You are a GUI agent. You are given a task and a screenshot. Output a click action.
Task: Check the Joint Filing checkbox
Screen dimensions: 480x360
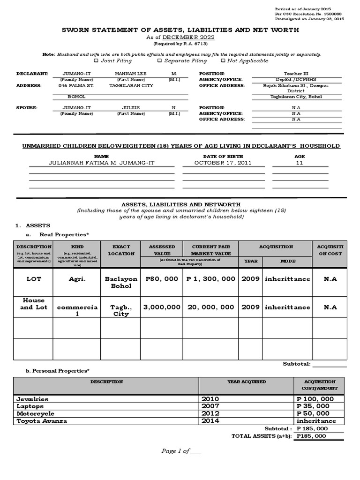[96, 60]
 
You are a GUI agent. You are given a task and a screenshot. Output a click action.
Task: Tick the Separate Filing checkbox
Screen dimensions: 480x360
[159, 60]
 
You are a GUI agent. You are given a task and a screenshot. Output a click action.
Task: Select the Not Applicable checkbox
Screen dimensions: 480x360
[223, 60]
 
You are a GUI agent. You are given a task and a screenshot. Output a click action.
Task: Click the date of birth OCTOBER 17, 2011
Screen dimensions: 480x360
[217, 163]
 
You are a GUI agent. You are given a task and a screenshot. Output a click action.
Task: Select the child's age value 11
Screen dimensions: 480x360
[299, 163]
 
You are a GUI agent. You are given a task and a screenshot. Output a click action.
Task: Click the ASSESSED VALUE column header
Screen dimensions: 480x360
[162, 250]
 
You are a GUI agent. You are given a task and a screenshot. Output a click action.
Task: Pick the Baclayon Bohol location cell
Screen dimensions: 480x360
[121, 282]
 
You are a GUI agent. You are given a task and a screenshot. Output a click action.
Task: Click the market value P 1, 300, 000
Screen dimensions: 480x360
[210, 279]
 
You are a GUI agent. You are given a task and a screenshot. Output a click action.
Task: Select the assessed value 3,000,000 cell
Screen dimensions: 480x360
[161, 307]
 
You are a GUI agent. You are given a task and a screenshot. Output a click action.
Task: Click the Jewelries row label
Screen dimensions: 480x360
[32, 399]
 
